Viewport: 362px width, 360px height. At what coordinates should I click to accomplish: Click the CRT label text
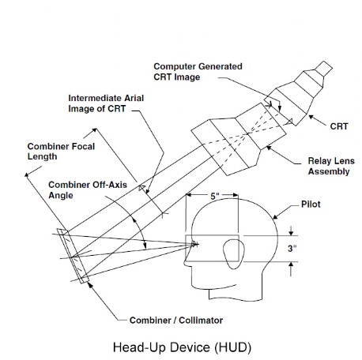(339, 126)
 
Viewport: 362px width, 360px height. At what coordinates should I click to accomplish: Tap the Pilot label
(311, 204)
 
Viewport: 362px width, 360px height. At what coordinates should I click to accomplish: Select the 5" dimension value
(215, 196)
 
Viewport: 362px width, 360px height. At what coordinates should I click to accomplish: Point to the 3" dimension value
(292, 248)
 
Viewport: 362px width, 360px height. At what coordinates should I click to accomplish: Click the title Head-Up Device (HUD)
(182, 347)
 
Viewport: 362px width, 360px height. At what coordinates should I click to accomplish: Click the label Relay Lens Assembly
(331, 166)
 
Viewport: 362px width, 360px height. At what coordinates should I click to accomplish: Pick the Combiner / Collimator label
(176, 321)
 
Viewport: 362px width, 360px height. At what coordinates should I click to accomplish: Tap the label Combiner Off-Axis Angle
(88, 190)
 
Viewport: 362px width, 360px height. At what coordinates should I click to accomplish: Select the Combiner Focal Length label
(61, 152)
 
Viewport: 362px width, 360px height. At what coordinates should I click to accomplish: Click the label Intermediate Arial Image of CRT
(106, 103)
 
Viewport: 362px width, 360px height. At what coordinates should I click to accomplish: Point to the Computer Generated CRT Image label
(198, 72)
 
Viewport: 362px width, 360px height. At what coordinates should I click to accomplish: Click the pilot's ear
(234, 254)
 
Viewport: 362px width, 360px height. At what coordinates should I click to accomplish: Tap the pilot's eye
(195, 244)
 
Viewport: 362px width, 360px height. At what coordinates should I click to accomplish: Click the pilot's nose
(187, 261)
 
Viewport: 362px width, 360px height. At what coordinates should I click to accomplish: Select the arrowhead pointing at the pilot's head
(275, 216)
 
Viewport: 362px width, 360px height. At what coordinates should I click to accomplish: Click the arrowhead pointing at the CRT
(311, 117)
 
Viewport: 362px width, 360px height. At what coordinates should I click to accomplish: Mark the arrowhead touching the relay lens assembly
(269, 148)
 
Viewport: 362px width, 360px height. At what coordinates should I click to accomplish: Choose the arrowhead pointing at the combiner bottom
(90, 284)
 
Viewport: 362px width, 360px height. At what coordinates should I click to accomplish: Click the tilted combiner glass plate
(74, 257)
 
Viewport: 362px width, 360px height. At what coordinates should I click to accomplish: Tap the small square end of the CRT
(323, 69)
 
